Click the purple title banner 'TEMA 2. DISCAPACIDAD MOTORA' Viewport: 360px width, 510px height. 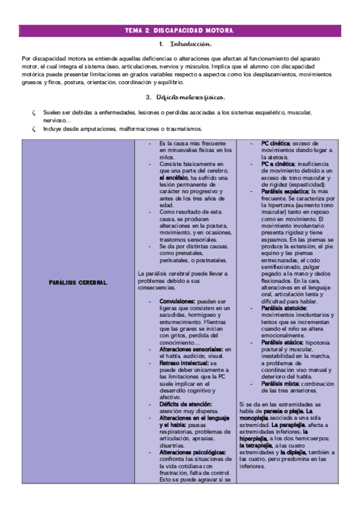180,30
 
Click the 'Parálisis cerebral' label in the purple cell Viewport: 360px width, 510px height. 79,283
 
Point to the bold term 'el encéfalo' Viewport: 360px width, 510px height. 174,178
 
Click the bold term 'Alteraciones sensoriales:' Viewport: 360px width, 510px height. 191,349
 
